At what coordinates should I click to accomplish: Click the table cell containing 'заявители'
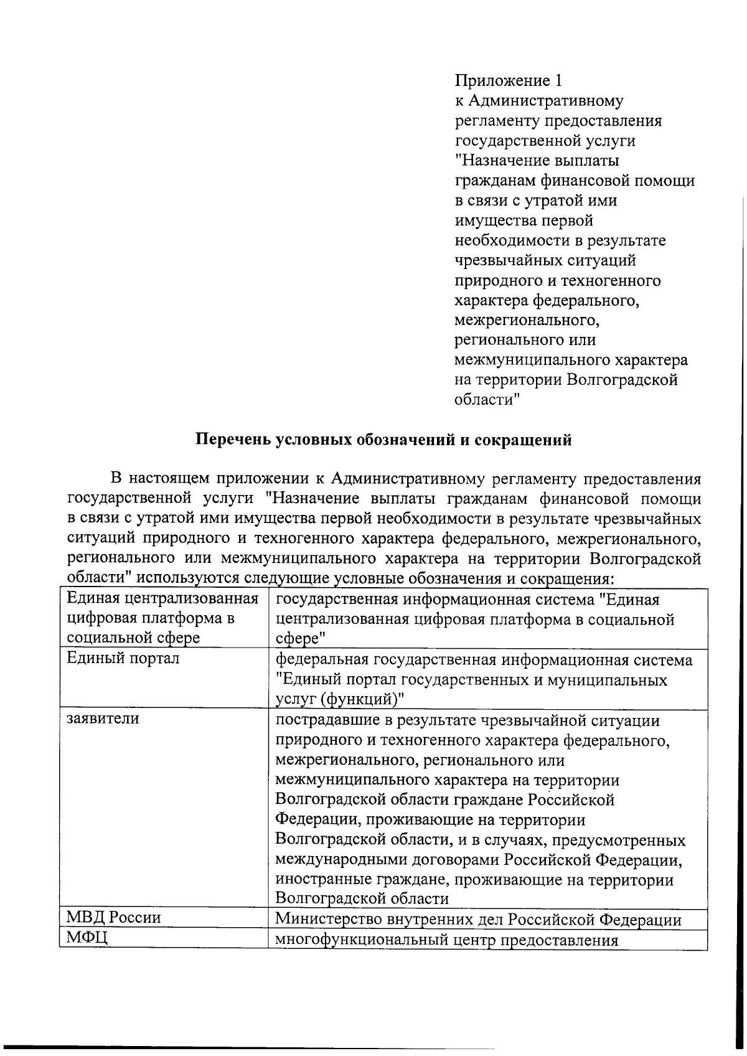(x=103, y=719)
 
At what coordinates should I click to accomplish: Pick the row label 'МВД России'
(x=113, y=918)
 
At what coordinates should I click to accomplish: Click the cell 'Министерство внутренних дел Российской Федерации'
(x=478, y=919)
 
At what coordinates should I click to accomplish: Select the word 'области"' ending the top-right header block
(x=487, y=400)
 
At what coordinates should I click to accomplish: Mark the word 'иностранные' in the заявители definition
(x=324, y=880)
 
